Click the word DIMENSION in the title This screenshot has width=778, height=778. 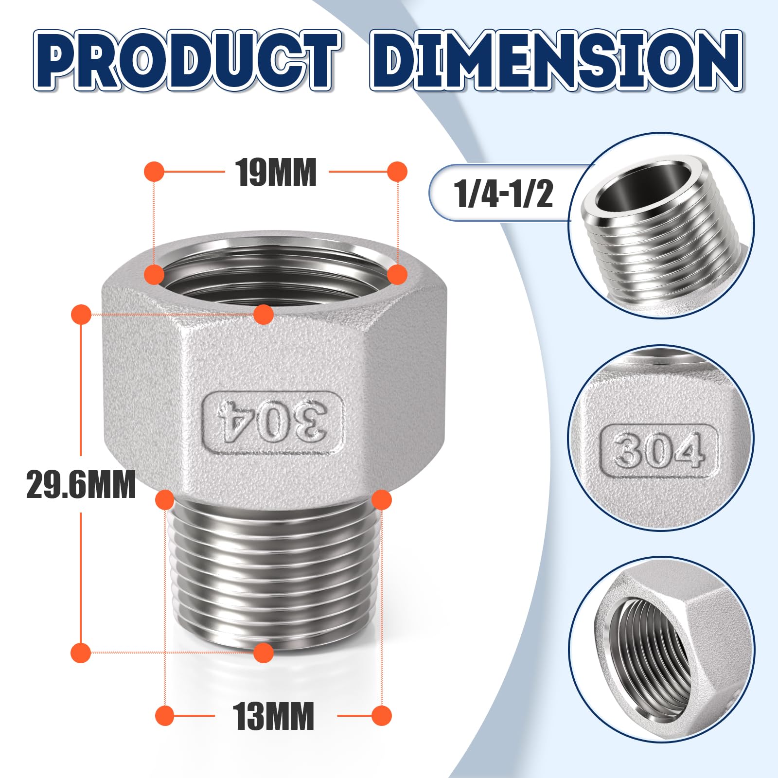pyautogui.click(x=556, y=60)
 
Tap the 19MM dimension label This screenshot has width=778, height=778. pyautogui.click(x=276, y=173)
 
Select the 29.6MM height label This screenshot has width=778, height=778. pyautogui.click(x=81, y=484)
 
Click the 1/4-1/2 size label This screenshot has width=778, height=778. pyautogui.click(x=503, y=194)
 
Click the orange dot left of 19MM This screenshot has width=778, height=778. pyautogui.click(x=155, y=172)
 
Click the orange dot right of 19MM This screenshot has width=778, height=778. pyautogui.click(x=397, y=172)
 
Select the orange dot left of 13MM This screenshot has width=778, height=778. pyautogui.click(x=165, y=716)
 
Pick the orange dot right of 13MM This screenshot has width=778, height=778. pyautogui.click(x=381, y=716)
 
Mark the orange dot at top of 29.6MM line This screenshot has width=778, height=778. pyautogui.click(x=81, y=315)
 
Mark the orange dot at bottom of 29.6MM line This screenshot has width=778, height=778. pyautogui.click(x=81, y=653)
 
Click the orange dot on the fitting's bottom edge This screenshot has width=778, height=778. pyautogui.click(x=264, y=653)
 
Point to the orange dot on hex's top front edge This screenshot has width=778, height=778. pyautogui.click(x=264, y=315)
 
